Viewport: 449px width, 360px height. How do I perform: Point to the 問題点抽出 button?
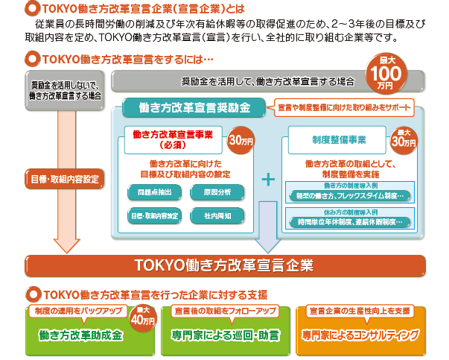pyautogui.click(x=150, y=193)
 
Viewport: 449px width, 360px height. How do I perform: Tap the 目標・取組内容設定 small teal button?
pyautogui.click(x=152, y=217)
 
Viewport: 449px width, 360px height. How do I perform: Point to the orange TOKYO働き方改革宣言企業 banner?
pyautogui.click(x=224, y=265)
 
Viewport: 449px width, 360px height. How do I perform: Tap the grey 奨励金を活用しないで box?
pyautogui.click(x=57, y=89)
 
